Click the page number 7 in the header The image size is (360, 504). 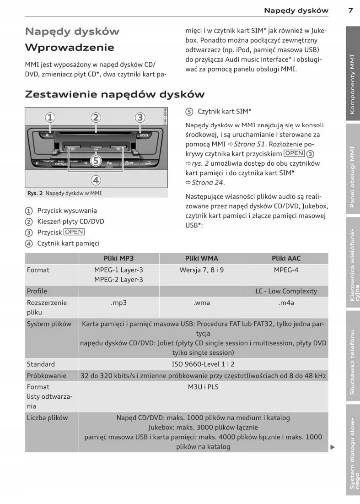pos(350,11)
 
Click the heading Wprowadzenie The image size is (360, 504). pos(70,48)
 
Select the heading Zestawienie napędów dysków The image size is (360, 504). pos(114,94)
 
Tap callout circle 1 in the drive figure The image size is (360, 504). pos(50,118)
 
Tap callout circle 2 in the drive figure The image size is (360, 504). pos(95,118)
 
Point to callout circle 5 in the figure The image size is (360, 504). pos(95,160)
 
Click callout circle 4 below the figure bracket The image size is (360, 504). pos(95,180)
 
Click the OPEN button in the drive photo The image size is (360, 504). pos(144,135)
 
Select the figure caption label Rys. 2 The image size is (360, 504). pos(35,193)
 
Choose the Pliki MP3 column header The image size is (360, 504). pos(118,258)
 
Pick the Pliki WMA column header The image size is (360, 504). pos(202,258)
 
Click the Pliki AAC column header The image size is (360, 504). pos(286,258)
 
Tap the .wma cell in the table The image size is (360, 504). pos(202,303)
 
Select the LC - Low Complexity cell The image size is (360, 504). pos(286,291)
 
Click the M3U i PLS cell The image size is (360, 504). pos(203,387)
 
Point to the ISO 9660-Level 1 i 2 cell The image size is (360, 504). pos(203,364)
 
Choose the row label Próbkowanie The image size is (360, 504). pos(47,376)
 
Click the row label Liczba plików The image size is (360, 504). pos(47,417)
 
